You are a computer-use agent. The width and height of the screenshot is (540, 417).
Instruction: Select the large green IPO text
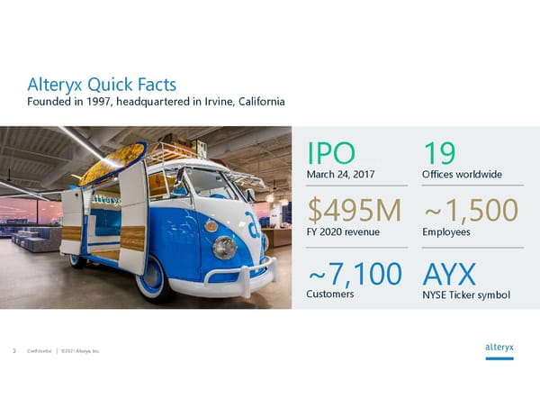pyautogui.click(x=331, y=152)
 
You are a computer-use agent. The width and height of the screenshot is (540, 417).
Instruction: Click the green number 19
pyautogui.click(x=439, y=152)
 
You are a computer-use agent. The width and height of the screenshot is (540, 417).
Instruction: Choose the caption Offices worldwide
pyautogui.click(x=462, y=174)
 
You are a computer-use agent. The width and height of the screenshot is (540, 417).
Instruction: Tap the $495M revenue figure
pyautogui.click(x=355, y=210)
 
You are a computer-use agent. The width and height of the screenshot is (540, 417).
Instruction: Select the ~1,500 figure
pyautogui.click(x=470, y=210)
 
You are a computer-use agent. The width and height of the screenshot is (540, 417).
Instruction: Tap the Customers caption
pyautogui.click(x=329, y=295)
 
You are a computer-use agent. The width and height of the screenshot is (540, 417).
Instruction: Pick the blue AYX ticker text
pyautogui.click(x=448, y=273)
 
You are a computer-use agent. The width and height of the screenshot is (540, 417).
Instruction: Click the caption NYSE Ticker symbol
pyautogui.click(x=466, y=295)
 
